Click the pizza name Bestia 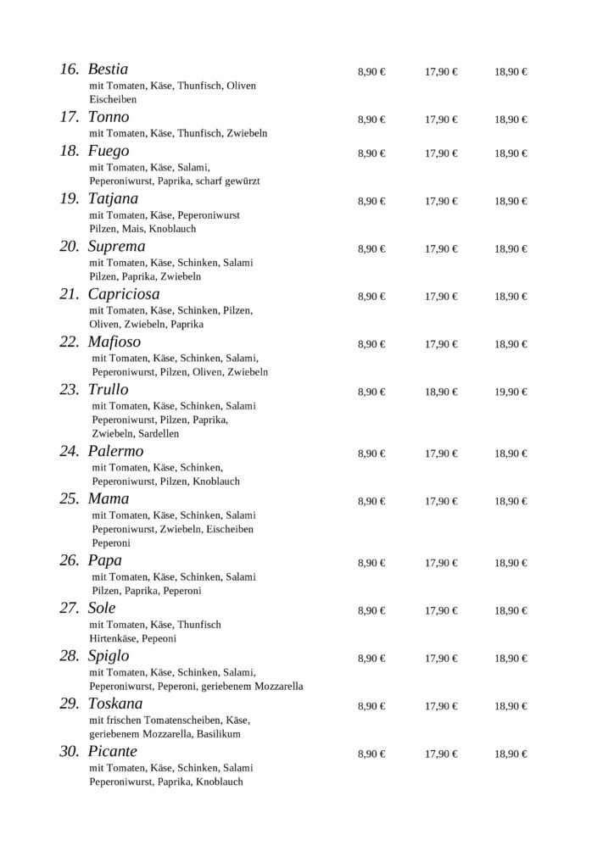coord(108,70)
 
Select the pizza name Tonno coord(109,117)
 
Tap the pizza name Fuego coord(109,152)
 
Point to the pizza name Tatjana coord(114,199)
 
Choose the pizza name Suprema coord(116,247)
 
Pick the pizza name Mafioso coord(114,342)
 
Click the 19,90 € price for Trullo coord(511,392)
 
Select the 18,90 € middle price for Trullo coord(441,392)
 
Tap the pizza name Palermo coord(116,451)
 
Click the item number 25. coord(69,498)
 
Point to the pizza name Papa coord(104,560)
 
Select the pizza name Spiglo coord(109,656)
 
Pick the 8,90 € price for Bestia coord(371,72)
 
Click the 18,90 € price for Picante coord(511,754)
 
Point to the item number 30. coord(69,752)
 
